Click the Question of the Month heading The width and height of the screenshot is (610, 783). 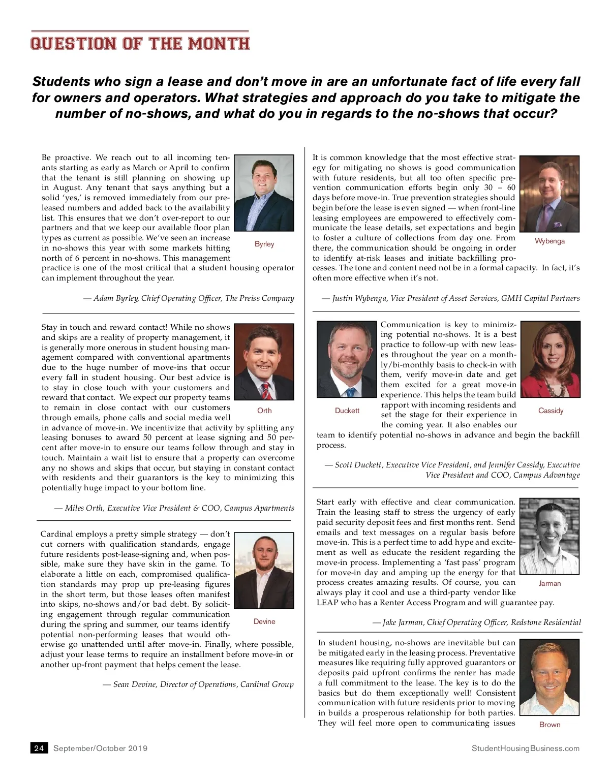[x=140, y=43]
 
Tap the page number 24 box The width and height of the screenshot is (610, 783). [x=39, y=748]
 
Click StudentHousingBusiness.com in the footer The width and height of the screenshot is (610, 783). [x=525, y=748]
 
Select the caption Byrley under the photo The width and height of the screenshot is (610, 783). [x=264, y=244]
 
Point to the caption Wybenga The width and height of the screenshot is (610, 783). [x=550, y=241]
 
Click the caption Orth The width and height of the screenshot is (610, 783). [x=264, y=411]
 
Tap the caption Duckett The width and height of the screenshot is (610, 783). [x=347, y=411]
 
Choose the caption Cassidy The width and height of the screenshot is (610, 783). [x=551, y=411]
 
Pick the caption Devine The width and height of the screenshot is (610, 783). [x=264, y=621]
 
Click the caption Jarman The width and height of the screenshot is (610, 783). [x=550, y=583]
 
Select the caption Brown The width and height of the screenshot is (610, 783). [x=550, y=725]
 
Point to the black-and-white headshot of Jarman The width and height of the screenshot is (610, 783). [x=550, y=536]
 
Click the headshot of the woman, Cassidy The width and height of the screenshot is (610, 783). [x=551, y=359]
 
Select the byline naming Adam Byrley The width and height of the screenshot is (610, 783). [x=189, y=298]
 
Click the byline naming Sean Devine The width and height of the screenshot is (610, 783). [x=198, y=684]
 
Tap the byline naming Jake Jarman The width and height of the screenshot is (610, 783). [x=476, y=622]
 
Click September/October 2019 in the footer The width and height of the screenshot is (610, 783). [x=100, y=748]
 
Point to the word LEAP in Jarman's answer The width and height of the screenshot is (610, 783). [x=327, y=603]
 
